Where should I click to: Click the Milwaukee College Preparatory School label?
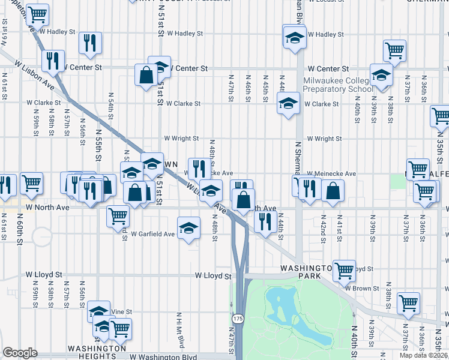point(338,85)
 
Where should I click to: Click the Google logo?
point(20,353)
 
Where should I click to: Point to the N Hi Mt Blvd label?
point(179,329)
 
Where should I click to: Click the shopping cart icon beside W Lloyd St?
point(344,271)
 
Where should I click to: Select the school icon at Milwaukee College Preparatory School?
point(381,75)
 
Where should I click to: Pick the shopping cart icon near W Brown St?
point(408,303)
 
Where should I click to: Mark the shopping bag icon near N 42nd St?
point(332,190)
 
